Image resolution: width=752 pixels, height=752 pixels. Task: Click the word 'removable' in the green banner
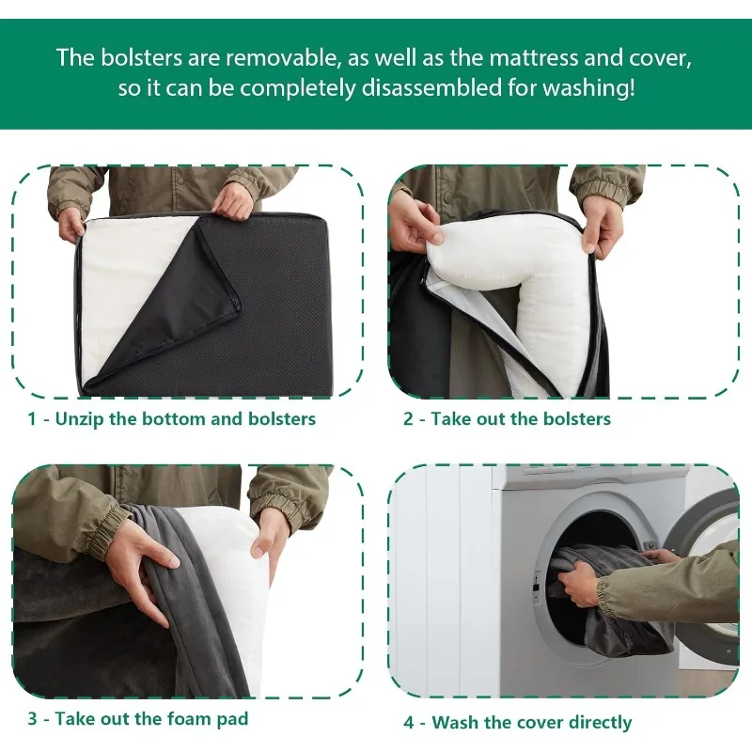coord(283,57)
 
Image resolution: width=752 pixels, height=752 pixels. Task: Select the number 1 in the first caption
coord(32,418)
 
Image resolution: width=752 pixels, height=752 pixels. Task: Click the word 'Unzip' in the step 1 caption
coord(80,419)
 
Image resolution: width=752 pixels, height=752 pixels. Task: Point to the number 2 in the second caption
coord(408,418)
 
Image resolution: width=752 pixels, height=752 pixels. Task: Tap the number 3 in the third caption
coord(33,718)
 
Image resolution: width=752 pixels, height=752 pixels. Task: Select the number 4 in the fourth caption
coord(409,722)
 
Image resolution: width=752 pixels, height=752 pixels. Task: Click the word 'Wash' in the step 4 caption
coord(455,722)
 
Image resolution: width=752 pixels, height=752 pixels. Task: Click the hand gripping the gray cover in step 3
coord(144,571)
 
